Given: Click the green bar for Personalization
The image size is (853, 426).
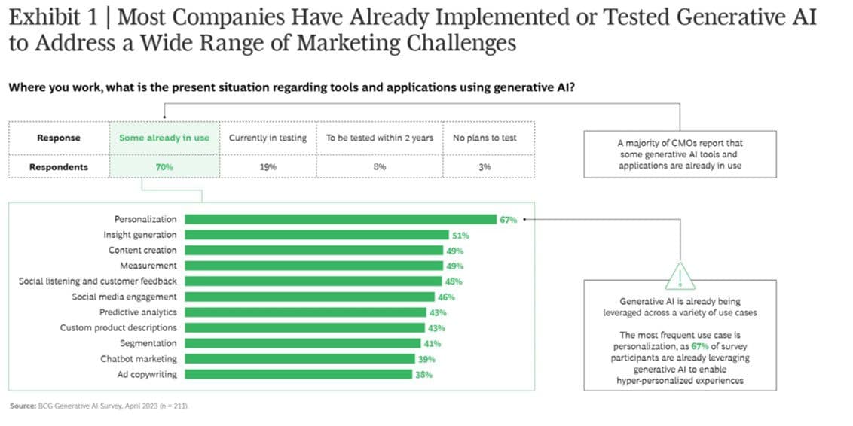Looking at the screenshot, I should [x=339, y=219].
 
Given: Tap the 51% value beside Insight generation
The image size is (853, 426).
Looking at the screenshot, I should [x=460, y=235].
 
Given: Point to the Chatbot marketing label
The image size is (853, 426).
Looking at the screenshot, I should [x=139, y=359].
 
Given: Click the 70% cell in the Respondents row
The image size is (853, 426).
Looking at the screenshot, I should [x=164, y=166].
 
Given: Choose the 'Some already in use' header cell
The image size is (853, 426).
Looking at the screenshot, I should [x=164, y=138].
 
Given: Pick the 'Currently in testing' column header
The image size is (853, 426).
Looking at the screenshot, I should [x=268, y=138].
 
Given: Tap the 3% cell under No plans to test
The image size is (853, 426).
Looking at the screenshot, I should [x=485, y=166].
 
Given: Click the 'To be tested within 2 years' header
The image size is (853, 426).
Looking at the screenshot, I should [x=379, y=138].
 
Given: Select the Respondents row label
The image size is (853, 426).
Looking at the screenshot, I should [x=59, y=166].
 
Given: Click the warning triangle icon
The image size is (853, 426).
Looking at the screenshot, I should [x=680, y=277].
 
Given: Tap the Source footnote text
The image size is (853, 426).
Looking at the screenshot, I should [x=98, y=406].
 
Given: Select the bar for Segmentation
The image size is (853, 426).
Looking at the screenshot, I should [x=302, y=343].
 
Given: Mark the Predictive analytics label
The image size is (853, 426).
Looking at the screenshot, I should [x=138, y=312].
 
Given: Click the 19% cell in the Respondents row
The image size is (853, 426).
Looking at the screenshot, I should [x=268, y=166].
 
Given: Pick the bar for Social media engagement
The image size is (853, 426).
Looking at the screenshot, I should [x=310, y=297].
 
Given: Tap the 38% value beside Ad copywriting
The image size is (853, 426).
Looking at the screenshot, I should [x=423, y=374].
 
